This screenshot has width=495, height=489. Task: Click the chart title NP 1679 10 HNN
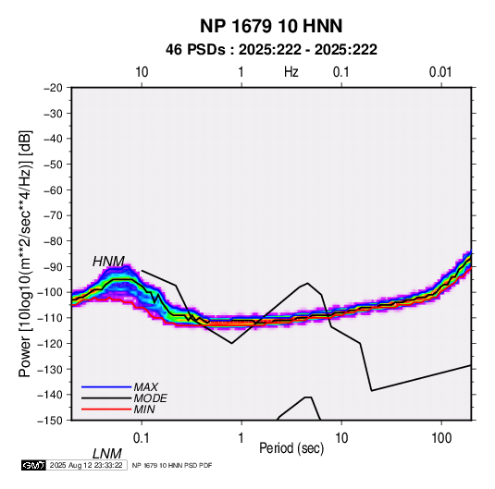click(271, 26)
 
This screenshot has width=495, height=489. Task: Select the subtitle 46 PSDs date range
click(271, 50)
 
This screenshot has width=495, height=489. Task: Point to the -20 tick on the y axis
click(53, 88)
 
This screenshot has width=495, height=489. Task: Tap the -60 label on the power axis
click(53, 189)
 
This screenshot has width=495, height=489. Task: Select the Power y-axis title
click(25, 253)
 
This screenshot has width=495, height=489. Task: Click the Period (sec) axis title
click(291, 448)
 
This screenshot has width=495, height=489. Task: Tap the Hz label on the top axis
click(291, 72)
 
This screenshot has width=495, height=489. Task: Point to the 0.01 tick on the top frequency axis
click(440, 72)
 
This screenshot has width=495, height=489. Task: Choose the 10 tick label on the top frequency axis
click(142, 72)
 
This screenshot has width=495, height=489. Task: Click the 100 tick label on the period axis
click(441, 438)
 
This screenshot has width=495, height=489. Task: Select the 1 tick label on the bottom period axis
click(241, 438)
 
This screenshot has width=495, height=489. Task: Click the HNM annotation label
click(108, 262)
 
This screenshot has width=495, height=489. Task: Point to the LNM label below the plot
click(107, 454)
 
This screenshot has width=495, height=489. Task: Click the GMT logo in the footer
click(34, 465)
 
